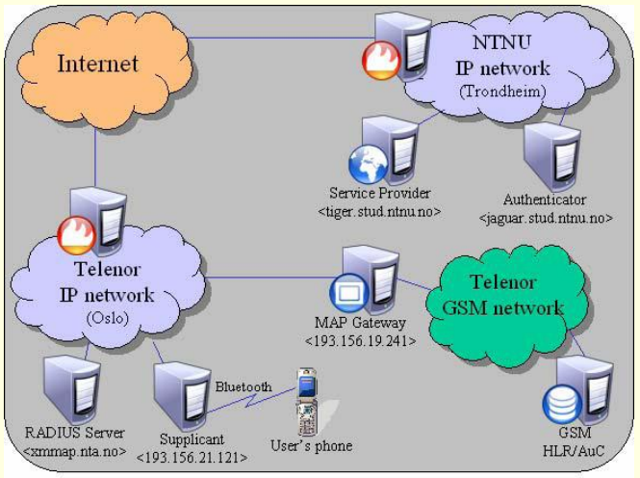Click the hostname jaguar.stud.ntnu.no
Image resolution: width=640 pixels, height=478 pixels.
tap(546, 218)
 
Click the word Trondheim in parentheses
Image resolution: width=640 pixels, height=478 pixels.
tap(503, 91)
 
